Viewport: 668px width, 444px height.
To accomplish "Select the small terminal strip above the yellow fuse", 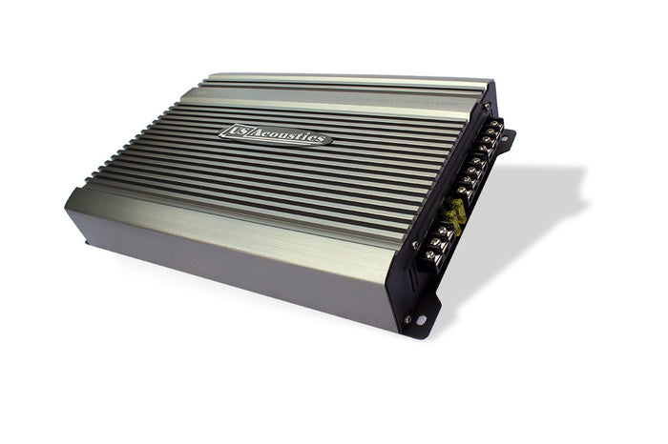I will [x=477, y=157].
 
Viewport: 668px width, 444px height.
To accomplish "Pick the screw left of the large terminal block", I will [x=415, y=246].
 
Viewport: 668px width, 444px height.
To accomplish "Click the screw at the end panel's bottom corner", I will [x=407, y=319].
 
